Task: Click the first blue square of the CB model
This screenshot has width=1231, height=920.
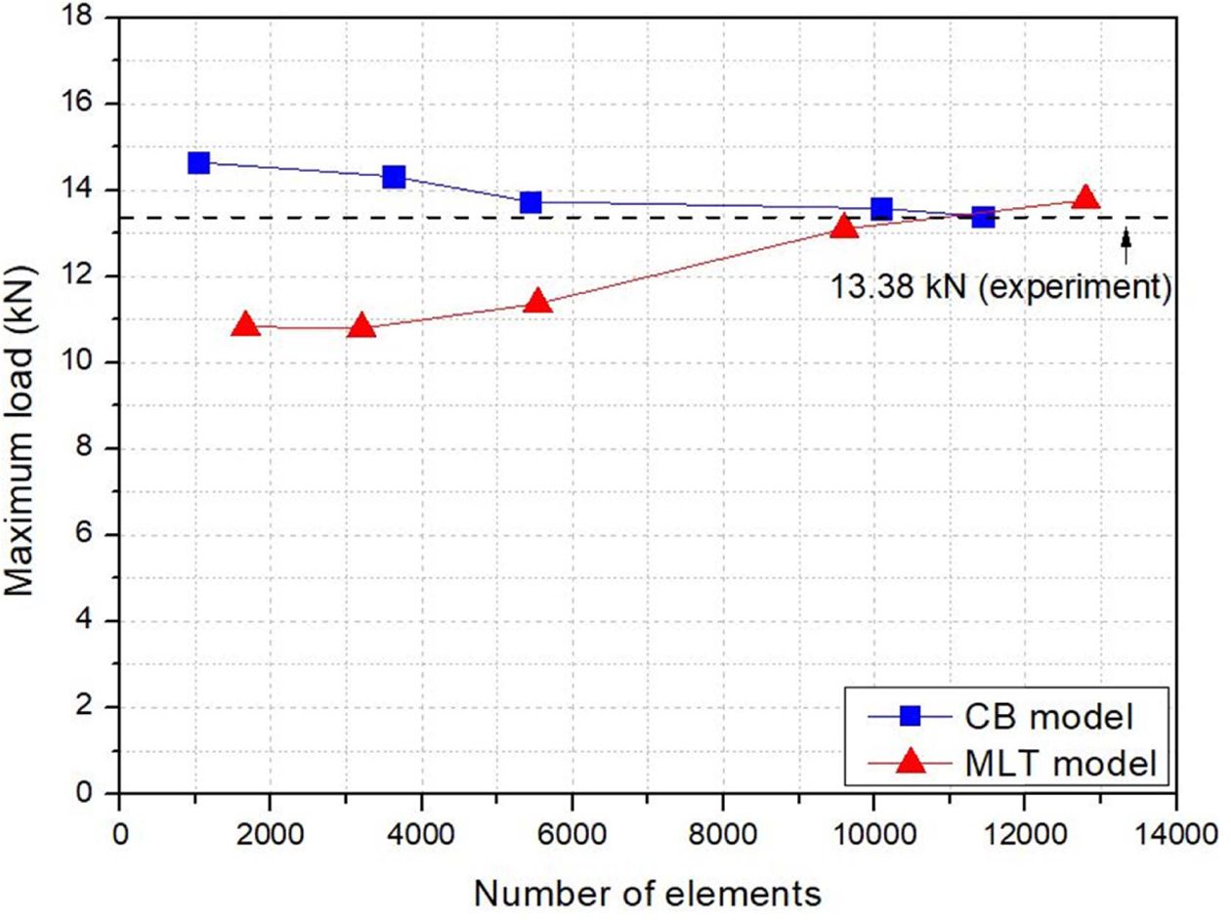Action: click(x=199, y=162)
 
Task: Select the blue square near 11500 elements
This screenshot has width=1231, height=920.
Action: click(x=983, y=216)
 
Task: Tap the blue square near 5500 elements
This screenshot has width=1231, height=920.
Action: click(x=531, y=202)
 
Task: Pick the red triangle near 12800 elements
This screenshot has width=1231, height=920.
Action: click(x=1085, y=199)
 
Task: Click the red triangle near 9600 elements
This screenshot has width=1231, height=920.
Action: click(x=844, y=228)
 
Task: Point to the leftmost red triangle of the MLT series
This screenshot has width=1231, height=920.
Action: click(x=246, y=325)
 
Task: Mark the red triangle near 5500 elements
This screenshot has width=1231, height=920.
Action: click(x=537, y=302)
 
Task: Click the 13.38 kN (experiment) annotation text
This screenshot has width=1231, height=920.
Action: click(x=1000, y=287)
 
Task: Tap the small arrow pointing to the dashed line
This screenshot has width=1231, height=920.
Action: click(x=1125, y=244)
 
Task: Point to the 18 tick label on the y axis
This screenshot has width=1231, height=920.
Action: click(x=91, y=17)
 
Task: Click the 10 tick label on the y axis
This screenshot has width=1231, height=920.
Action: click(x=91, y=362)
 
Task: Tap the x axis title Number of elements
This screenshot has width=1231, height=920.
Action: click(x=647, y=892)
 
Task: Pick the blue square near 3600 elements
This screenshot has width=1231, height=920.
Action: click(x=394, y=177)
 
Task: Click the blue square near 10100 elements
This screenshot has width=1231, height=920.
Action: click(x=881, y=208)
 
